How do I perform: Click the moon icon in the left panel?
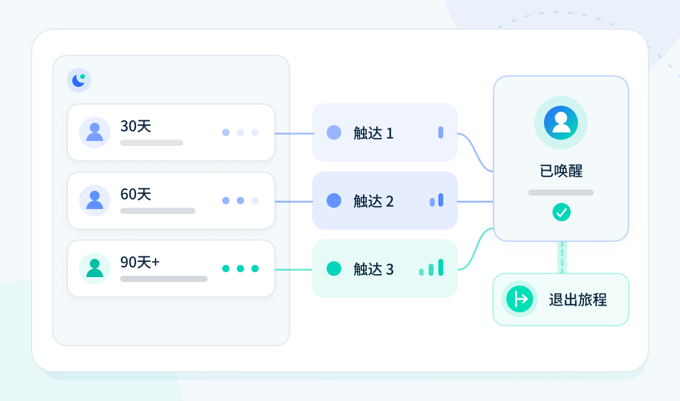[x=78, y=80]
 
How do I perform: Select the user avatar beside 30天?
[x=95, y=132]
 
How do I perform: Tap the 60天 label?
[x=136, y=194]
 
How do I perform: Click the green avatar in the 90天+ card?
[x=95, y=268]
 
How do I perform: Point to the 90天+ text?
[x=140, y=262]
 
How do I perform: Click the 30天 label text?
[x=136, y=126]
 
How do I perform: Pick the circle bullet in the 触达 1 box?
[x=333, y=132]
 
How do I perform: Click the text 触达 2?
[x=373, y=201]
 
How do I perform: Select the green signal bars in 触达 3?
[x=431, y=267]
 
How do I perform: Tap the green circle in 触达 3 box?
[x=333, y=269]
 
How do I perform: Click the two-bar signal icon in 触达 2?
[x=437, y=200]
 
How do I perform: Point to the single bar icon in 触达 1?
[x=441, y=132]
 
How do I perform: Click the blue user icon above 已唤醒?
[x=561, y=123]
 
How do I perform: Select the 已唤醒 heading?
[x=561, y=171]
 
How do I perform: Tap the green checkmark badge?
[x=561, y=212]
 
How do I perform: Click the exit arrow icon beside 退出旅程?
[x=520, y=299]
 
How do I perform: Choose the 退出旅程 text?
[x=577, y=300]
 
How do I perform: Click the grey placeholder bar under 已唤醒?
[x=561, y=193]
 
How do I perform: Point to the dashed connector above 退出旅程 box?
[x=562, y=258]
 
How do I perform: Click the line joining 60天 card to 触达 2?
[x=294, y=202]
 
